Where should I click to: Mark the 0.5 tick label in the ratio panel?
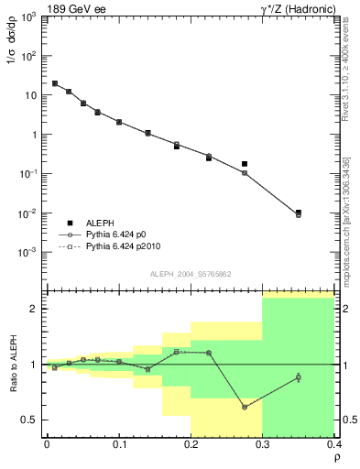29,420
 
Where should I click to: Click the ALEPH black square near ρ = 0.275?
245,164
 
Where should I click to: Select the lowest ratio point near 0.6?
245,407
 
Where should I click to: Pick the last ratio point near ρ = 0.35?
298,377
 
